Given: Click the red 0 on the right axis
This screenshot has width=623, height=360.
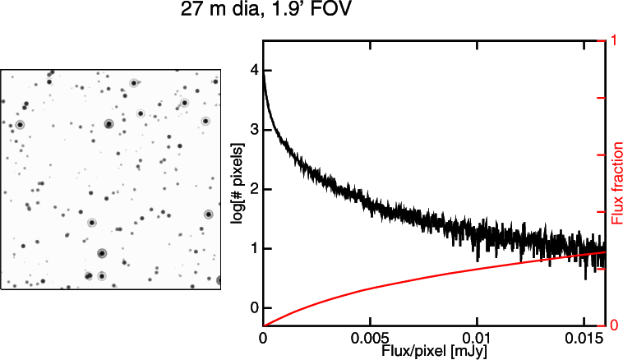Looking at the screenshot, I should pos(609,324).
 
